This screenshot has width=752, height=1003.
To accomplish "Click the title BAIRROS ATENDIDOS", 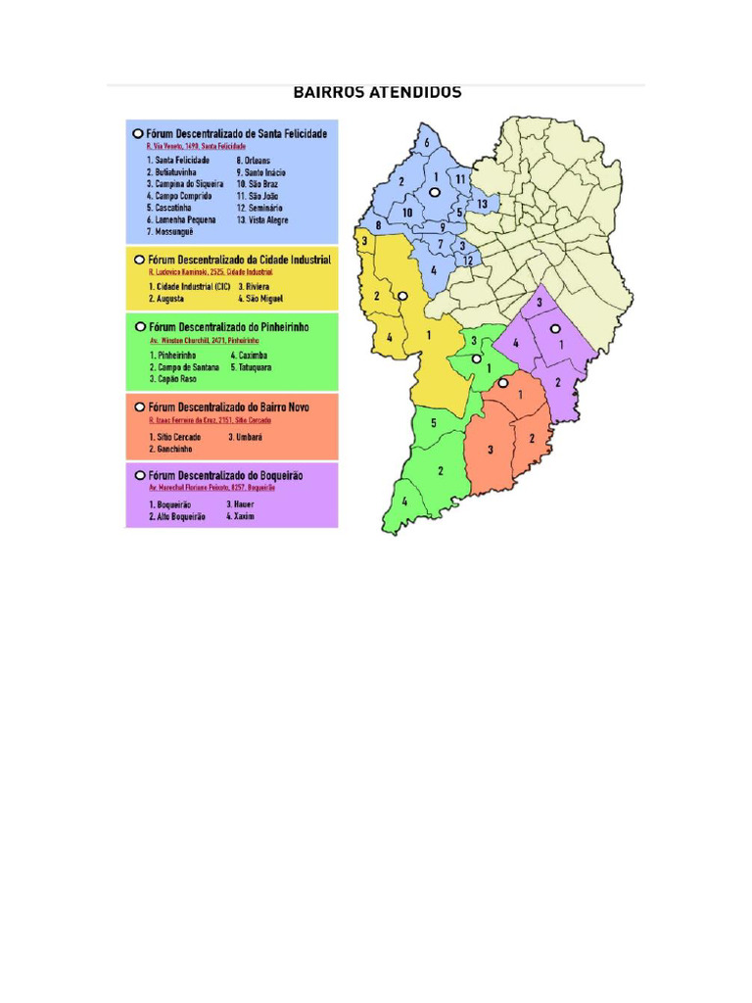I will click(378, 93).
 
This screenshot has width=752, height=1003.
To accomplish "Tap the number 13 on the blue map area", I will click(483, 204).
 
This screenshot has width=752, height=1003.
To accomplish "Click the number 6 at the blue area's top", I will click(427, 143).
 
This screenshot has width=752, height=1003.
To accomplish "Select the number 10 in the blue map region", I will click(407, 212).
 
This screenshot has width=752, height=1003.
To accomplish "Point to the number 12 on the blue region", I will click(468, 261).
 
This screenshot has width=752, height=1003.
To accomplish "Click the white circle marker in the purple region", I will click(554, 328).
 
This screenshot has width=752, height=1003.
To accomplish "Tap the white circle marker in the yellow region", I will click(401, 295).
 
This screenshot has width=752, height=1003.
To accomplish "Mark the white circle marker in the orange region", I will click(502, 383).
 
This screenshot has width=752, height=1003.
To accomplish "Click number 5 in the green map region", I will click(433, 423).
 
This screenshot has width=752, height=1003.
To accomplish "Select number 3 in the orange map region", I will click(491, 449).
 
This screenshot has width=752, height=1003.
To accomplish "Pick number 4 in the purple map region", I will click(515, 343).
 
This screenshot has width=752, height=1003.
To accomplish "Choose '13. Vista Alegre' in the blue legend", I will click(262, 220).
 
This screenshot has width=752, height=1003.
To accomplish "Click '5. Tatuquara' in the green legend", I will click(252, 367).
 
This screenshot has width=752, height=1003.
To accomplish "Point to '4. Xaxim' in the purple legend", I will click(240, 515).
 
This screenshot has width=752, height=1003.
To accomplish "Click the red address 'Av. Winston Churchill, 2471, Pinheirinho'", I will click(206, 339).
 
